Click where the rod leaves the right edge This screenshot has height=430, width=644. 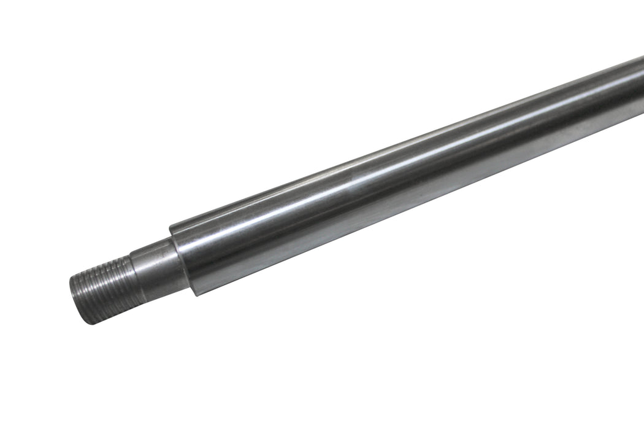(x=642, y=86)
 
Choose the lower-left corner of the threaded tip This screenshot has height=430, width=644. (x=83, y=323)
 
